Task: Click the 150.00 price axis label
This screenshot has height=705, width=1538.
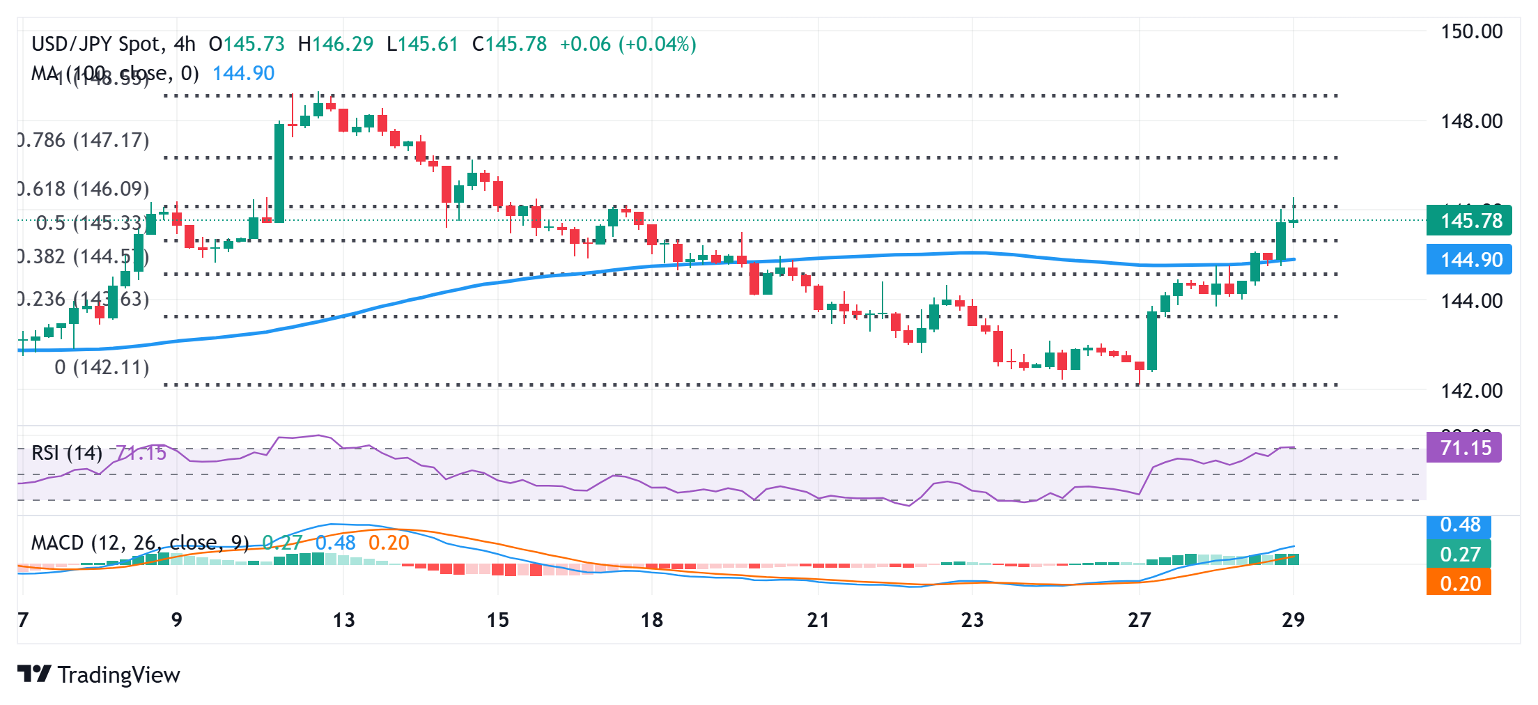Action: (x=1471, y=31)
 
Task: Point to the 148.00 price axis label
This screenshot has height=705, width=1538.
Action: (x=1471, y=121)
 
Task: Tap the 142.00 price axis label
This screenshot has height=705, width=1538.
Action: (x=1471, y=391)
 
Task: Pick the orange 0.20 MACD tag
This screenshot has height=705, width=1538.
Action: (x=1459, y=583)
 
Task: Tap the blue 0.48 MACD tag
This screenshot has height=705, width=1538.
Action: (x=1459, y=525)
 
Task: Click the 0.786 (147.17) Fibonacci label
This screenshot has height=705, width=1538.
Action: (x=84, y=140)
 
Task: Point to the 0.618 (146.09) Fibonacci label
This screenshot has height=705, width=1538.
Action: (x=84, y=189)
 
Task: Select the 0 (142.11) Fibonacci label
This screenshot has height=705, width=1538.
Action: (x=102, y=367)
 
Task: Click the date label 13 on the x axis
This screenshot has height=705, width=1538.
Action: (x=343, y=620)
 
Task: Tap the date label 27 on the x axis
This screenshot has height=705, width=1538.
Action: (x=1139, y=620)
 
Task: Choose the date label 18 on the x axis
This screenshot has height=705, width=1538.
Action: (x=651, y=620)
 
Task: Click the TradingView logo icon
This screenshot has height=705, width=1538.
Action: (x=34, y=674)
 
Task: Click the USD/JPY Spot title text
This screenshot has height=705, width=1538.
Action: (x=96, y=45)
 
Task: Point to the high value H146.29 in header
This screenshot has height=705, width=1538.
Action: (x=336, y=45)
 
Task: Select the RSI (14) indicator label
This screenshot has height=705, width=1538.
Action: (x=67, y=453)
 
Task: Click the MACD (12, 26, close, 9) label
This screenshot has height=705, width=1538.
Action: (x=140, y=543)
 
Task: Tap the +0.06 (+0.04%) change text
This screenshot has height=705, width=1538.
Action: (x=628, y=45)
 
